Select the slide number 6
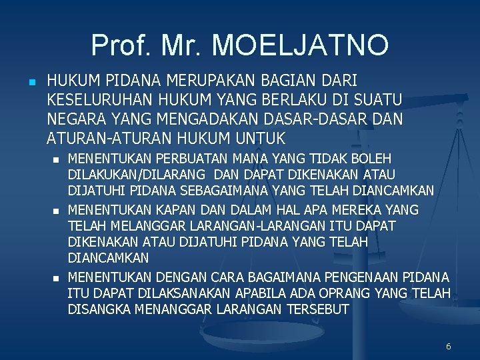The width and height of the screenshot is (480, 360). point(448,346)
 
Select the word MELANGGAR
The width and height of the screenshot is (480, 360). point(142,227)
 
